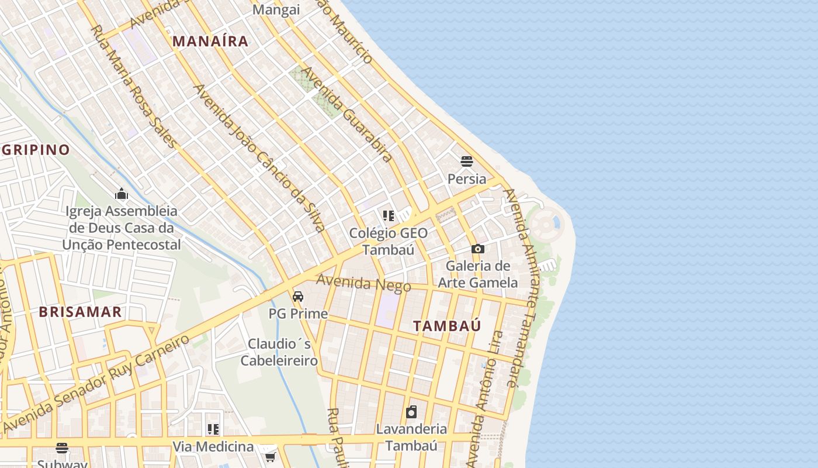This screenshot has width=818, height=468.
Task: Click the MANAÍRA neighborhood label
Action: pos(211,41)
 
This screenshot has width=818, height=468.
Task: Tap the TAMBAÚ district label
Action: pos(448,326)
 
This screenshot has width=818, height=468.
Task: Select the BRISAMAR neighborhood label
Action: pos(81,312)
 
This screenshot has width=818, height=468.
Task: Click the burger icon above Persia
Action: pos(466,161)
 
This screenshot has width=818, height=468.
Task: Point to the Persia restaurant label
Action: pos(466,178)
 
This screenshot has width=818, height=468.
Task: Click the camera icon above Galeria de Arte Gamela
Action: pos(478,249)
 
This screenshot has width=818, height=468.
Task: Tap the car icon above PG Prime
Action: pos(298,297)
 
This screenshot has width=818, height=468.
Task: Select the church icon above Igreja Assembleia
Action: pos(122,194)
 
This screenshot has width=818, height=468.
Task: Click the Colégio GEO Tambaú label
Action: pos(388,241)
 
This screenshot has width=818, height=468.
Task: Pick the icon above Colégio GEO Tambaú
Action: pos(389,216)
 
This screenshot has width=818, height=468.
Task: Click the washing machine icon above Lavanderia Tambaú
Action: pos(411,412)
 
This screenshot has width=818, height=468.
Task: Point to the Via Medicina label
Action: pos(213,447)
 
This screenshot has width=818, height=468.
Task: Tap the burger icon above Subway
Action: pos(62,448)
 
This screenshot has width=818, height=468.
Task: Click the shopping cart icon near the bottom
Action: pos(270,456)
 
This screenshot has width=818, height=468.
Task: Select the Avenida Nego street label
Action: pos(363,283)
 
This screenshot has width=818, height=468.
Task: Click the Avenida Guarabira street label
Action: pos(346,115)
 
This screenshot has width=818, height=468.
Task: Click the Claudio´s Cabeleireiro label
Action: pos(279,352)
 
